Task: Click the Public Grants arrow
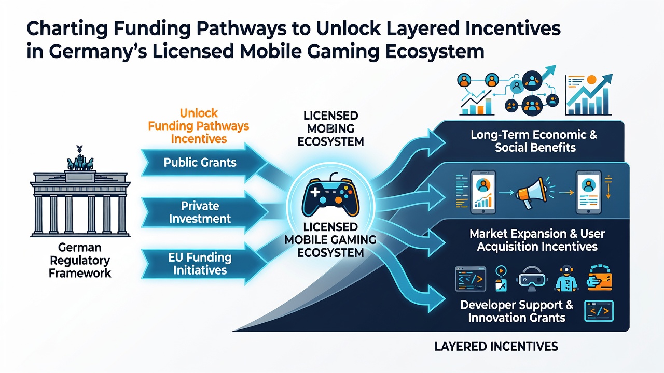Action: tap(204, 163)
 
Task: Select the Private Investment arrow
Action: tap(204, 212)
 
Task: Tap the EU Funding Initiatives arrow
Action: tap(204, 264)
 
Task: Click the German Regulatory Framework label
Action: tap(80, 260)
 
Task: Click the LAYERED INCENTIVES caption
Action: tap(496, 347)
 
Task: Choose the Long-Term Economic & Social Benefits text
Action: tap(534, 141)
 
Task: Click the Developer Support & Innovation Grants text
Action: tap(517, 311)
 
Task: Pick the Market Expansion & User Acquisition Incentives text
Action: tap(537, 240)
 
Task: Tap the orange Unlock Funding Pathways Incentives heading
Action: tap(199, 126)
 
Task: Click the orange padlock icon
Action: tap(599, 278)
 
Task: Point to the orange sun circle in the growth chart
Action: tap(591, 79)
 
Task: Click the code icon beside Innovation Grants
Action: tap(599, 311)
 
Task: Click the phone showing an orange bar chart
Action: tap(483, 192)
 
